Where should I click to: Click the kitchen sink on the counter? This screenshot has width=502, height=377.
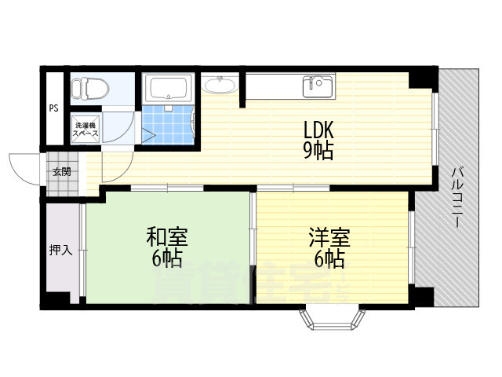[x=318, y=85]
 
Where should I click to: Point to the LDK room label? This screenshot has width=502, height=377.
[x=318, y=128]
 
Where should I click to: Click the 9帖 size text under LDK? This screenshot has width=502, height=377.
[x=318, y=150]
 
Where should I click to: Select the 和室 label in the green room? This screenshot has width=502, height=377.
[x=167, y=236]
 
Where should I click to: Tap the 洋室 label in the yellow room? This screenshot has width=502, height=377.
[x=329, y=236]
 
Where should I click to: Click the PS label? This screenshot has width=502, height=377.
[x=53, y=109]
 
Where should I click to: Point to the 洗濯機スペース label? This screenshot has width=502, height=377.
[x=85, y=130]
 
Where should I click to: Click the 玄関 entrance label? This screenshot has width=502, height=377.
[x=61, y=171]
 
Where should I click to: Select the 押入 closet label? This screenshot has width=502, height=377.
[x=61, y=250]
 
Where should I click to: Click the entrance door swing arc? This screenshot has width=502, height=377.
[x=24, y=167]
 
